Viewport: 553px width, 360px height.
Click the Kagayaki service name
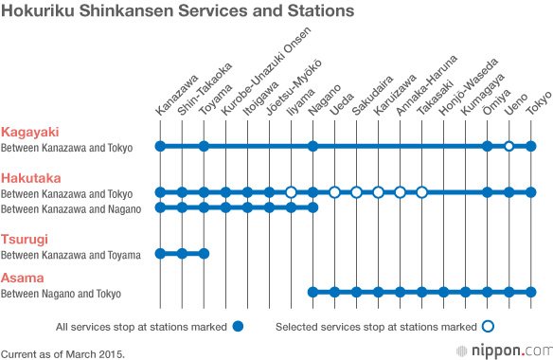point(29,132)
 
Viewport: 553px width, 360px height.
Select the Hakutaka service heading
point(30,178)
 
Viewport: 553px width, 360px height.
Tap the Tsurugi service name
point(25,240)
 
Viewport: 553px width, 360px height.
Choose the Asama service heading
point(22,278)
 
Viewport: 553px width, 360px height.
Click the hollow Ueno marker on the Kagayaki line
point(508,146)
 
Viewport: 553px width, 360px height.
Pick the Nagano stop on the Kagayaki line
point(312,146)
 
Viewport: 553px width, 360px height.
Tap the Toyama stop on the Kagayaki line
point(204,146)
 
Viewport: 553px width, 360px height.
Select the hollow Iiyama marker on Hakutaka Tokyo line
point(291,192)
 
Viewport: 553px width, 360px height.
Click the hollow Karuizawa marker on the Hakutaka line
point(378,192)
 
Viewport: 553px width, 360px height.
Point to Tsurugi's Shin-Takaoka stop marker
point(182,253)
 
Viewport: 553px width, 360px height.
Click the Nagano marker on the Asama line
point(312,292)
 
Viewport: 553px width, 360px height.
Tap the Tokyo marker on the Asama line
point(531,292)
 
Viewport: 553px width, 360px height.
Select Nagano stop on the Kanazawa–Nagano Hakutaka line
point(312,207)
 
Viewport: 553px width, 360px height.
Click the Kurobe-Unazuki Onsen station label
point(266,71)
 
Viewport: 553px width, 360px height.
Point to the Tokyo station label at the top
point(539,102)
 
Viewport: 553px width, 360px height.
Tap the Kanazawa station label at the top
point(177,95)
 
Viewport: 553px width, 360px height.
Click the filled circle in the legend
point(238,327)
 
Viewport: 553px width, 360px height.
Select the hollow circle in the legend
point(488,327)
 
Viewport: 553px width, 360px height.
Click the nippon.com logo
point(505,351)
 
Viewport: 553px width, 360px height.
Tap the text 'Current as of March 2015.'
point(62,354)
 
